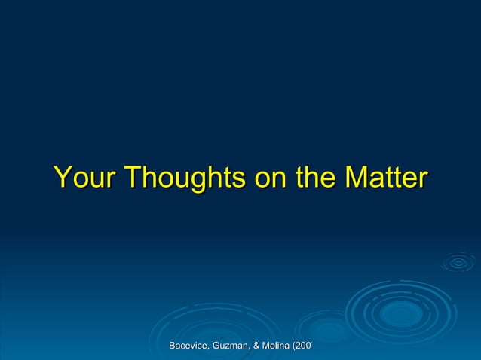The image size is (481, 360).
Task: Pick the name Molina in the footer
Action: pyautogui.click(x=277, y=346)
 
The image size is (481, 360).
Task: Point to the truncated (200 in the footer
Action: pyautogui.click(x=303, y=346)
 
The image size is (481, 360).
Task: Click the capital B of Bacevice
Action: pyautogui.click(x=173, y=346)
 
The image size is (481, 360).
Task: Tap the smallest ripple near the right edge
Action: pyautogui.click(x=458, y=262)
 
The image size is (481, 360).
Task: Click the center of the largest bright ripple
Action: pyautogui.click(x=401, y=312)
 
